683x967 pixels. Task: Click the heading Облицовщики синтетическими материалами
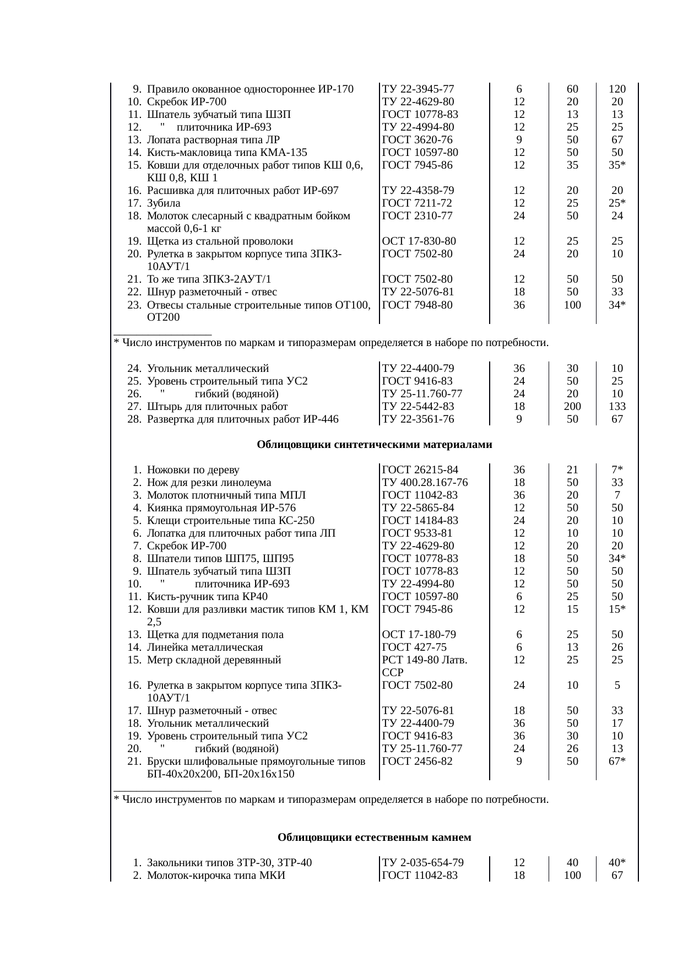(x=374, y=445)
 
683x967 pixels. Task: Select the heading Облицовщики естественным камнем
(x=374, y=838)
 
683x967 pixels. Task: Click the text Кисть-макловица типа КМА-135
(x=227, y=153)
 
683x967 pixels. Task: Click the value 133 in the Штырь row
(x=617, y=407)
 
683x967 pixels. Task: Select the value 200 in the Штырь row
(x=572, y=407)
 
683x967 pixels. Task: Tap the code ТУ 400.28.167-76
(x=425, y=483)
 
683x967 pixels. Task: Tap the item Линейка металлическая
(x=205, y=647)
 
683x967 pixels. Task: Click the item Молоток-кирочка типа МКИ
(x=216, y=876)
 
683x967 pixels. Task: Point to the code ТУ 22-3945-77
(x=418, y=89)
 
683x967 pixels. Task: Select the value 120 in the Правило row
(x=617, y=89)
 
